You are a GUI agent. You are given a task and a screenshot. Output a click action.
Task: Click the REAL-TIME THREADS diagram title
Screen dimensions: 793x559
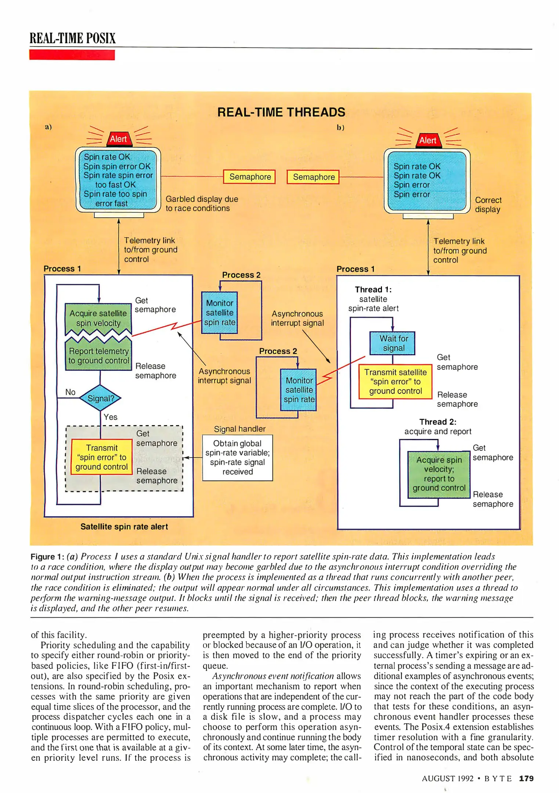[281, 112]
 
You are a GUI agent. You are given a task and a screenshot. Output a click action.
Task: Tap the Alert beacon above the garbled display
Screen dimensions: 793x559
[118, 139]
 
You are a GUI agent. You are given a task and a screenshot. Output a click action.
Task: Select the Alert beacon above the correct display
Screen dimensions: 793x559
[428, 140]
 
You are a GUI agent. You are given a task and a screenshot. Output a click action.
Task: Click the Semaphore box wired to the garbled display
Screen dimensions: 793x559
[250, 177]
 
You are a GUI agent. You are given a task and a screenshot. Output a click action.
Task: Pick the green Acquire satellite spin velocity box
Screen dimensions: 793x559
[98, 318]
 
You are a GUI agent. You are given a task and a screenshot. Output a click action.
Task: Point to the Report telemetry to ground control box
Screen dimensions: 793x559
[98, 356]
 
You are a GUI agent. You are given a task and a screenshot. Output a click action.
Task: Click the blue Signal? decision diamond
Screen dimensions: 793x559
[100, 398]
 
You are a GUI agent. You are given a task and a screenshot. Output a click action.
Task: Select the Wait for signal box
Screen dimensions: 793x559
[393, 343]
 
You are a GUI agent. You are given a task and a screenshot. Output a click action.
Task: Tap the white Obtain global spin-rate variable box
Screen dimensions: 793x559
[237, 457]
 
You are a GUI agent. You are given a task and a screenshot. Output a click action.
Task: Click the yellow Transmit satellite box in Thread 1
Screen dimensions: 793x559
[395, 381]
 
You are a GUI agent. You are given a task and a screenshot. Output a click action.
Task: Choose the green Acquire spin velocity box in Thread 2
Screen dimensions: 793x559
[439, 474]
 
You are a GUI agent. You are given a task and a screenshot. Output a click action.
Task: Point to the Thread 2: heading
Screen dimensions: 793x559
[438, 422]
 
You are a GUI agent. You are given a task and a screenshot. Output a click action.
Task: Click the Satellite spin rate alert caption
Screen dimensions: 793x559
[124, 526]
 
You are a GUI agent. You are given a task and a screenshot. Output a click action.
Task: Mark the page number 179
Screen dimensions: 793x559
[526, 778]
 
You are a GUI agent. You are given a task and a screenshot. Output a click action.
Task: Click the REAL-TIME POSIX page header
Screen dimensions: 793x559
[73, 38]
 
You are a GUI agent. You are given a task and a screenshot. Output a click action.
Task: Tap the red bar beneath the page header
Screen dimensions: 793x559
[72, 55]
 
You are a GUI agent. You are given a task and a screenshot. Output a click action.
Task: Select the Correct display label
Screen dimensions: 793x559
[488, 204]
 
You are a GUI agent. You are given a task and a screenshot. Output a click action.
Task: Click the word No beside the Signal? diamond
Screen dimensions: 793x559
[70, 392]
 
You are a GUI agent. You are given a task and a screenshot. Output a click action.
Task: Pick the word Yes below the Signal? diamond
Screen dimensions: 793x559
[111, 417]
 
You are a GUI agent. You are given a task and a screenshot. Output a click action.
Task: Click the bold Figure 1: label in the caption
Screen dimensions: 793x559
[47, 557]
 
